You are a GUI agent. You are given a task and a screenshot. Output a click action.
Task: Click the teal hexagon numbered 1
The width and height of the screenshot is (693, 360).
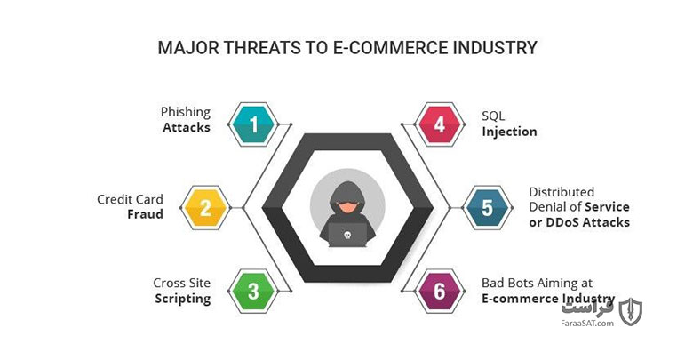[x=253, y=124]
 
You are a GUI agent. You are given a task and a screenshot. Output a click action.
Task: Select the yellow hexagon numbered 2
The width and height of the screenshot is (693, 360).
[x=205, y=207]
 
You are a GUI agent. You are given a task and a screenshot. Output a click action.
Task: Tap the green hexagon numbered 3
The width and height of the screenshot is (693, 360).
[x=253, y=291]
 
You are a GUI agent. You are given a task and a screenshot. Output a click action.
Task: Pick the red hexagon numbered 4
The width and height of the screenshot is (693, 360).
[x=439, y=124]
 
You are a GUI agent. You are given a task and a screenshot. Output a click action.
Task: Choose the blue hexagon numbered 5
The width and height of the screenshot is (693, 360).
[x=487, y=207]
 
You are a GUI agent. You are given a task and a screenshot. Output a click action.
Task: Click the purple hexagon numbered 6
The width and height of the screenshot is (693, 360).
[x=439, y=291]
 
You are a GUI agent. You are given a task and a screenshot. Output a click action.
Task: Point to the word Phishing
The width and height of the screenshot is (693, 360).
[x=185, y=112]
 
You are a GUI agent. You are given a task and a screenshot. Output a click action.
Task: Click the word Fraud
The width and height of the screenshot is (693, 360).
[x=145, y=214]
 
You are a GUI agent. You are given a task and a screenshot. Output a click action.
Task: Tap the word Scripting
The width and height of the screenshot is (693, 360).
[x=182, y=299]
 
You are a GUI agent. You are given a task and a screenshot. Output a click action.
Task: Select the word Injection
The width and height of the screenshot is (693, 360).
[x=509, y=132]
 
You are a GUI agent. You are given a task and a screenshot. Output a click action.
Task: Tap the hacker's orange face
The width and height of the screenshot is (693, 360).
[x=347, y=206]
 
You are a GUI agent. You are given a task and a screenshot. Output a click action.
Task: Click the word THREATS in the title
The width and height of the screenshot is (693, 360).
[x=262, y=48]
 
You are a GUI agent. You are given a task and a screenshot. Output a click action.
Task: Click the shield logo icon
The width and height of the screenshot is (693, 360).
[x=630, y=312]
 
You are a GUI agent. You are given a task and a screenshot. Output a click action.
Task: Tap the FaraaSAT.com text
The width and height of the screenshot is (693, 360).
[x=587, y=324]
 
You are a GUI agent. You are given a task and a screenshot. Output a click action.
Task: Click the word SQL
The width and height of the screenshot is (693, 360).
[x=493, y=116]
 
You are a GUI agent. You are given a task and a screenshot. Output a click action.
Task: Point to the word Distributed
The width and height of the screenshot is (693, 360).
[x=562, y=192]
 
